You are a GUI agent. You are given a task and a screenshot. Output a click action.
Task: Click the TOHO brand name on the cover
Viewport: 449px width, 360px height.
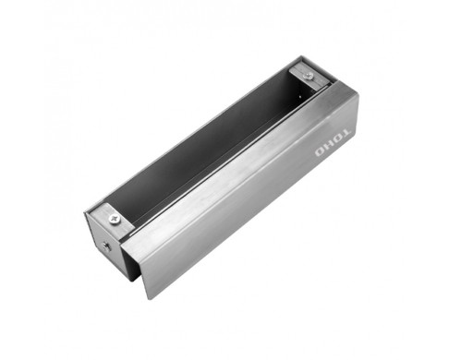(333, 142)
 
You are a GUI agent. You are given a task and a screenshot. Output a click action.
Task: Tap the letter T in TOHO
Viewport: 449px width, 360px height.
(346, 133)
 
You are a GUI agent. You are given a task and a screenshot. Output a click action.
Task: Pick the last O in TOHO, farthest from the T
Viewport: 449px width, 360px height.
(320, 152)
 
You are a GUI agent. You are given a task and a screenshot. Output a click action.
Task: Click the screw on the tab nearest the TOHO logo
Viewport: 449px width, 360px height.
(308, 75)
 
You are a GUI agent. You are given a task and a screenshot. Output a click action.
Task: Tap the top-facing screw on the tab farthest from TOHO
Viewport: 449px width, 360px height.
(114, 219)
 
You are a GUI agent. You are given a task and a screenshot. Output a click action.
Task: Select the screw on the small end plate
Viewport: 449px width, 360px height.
(106, 246)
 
